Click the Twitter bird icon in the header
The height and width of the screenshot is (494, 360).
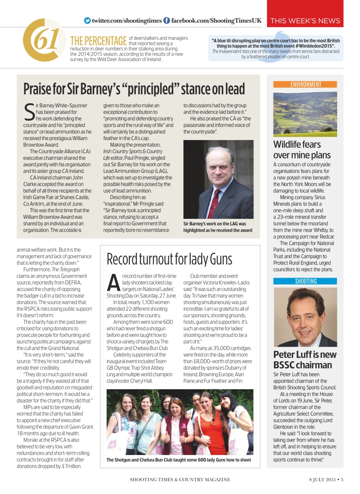tap(87, 20)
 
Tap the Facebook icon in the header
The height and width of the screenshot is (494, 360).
tap(166, 20)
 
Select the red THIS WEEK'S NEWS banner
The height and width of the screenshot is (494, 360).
tap(305, 21)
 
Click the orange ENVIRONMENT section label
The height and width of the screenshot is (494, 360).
tap(305, 85)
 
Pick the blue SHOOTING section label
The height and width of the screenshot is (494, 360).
tap(305, 281)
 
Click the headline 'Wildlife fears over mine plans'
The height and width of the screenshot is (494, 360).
tap(302, 150)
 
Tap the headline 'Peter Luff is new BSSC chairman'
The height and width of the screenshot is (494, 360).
tap(305, 360)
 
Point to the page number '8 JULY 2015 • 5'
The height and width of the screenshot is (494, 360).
tap(326, 480)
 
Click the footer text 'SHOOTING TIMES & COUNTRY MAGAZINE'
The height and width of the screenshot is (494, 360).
tap(180, 480)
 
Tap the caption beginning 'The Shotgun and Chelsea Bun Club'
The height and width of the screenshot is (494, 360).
tap(178, 460)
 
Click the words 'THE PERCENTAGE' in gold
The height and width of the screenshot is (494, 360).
tap(98, 41)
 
